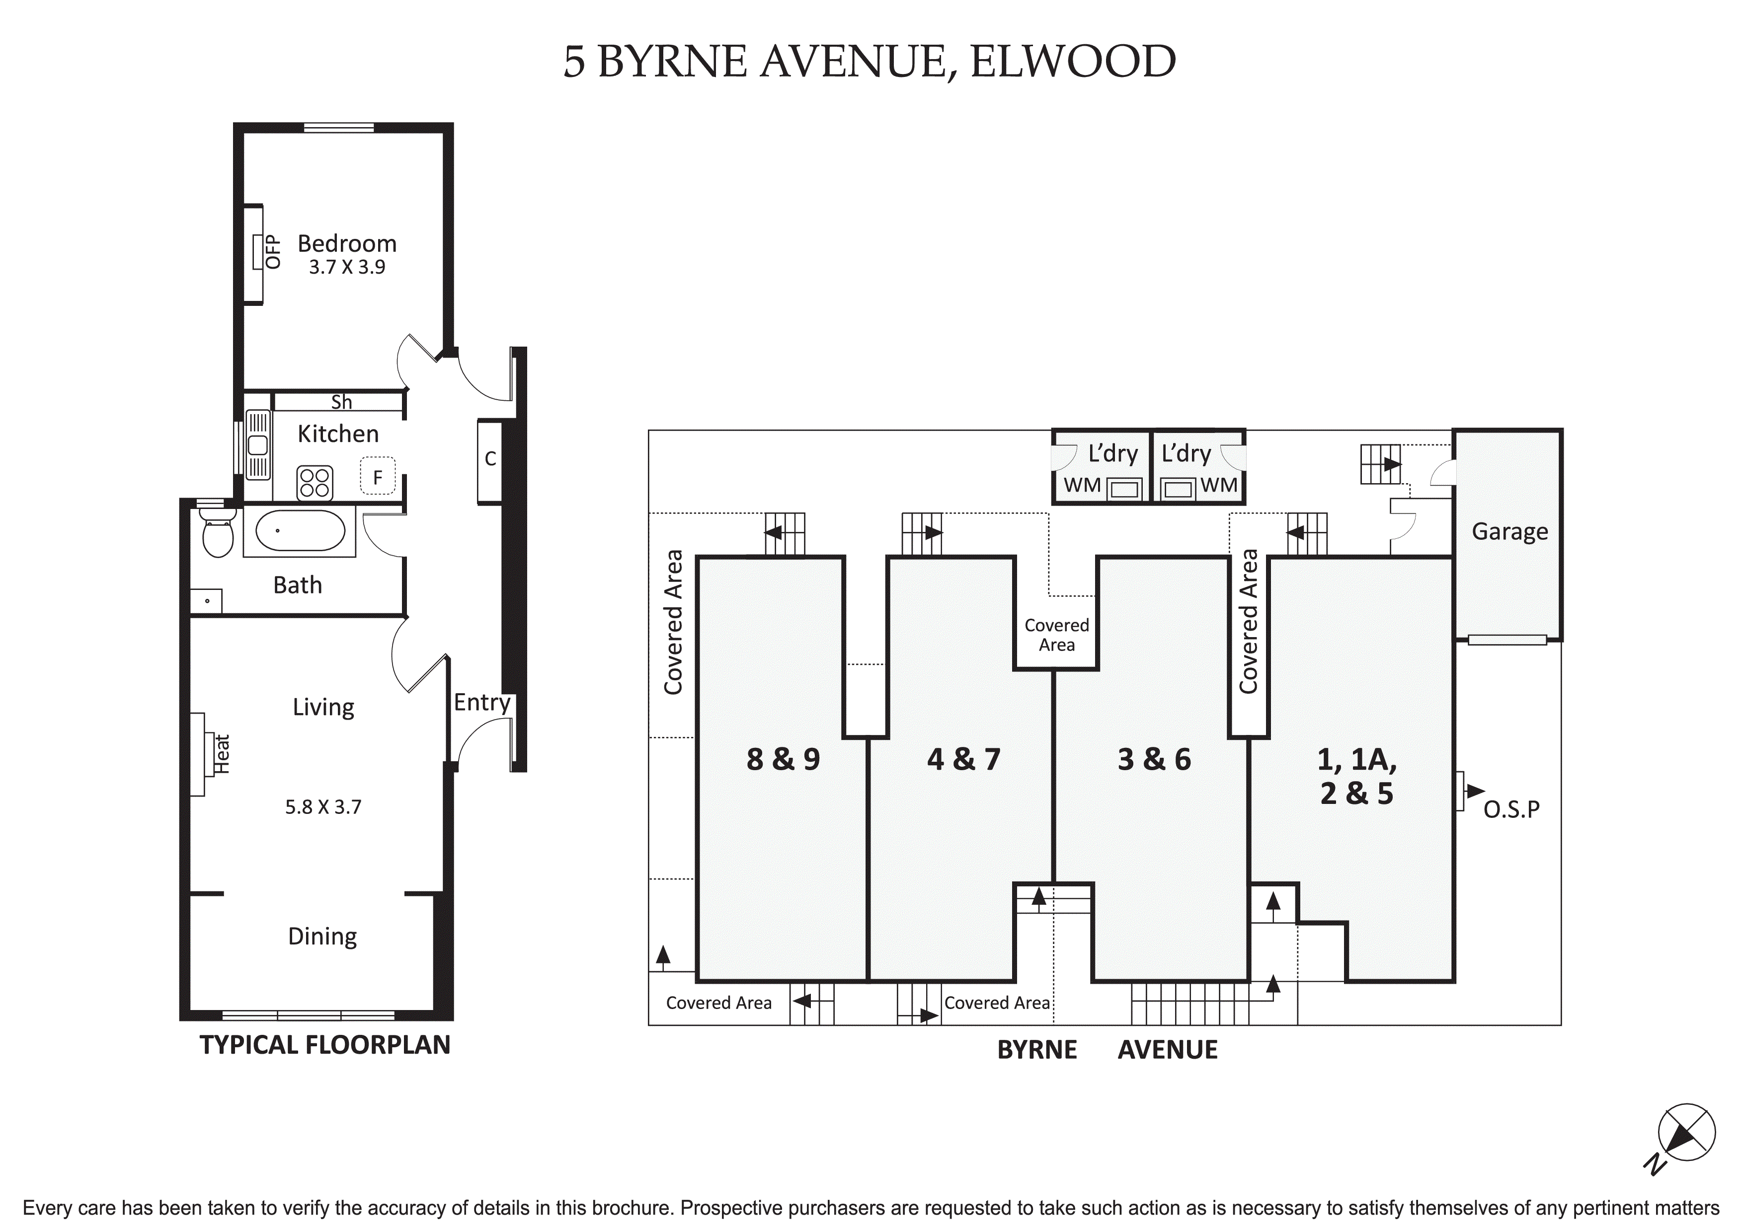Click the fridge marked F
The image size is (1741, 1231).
pos(378,476)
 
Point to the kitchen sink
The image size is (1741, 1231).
pos(258,445)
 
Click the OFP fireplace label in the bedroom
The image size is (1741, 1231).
pos(273,252)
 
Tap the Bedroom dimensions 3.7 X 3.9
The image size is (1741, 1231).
pos(347,267)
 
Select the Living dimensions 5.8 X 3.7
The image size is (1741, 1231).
pos(324,807)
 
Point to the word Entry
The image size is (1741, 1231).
pos(482,703)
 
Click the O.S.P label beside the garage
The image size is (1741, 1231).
pos(1511,809)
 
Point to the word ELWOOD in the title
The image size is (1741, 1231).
pos(1073,62)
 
